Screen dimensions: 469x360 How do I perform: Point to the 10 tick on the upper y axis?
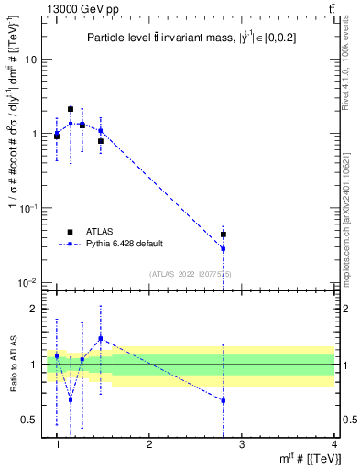[33, 59]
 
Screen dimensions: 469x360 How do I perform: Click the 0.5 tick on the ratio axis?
[30, 420]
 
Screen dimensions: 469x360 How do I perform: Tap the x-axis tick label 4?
[333, 443]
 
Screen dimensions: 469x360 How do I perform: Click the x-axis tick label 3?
[241, 443]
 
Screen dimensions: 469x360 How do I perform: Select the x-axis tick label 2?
[149, 443]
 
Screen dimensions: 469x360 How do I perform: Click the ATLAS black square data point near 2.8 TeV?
[224, 234]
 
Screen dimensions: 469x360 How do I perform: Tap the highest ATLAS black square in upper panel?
[71, 109]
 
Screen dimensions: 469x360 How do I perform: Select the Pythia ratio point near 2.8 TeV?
[224, 400]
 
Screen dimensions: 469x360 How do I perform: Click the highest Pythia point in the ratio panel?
[101, 339]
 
